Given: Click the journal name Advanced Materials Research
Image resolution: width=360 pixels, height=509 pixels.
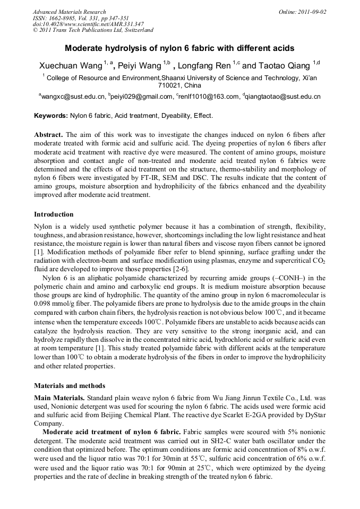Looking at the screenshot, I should pyautogui.click(x=69, y=12).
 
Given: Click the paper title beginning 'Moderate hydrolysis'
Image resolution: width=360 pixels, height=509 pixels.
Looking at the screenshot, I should pyautogui.click(x=179, y=48).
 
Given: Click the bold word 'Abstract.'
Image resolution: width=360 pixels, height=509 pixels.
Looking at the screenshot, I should pyautogui.click(x=49, y=135).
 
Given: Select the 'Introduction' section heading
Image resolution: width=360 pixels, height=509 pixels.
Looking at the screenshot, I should pyautogui.click(x=54, y=214).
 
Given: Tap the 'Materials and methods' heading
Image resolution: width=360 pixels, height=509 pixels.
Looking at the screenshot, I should pyautogui.click(x=70, y=386).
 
